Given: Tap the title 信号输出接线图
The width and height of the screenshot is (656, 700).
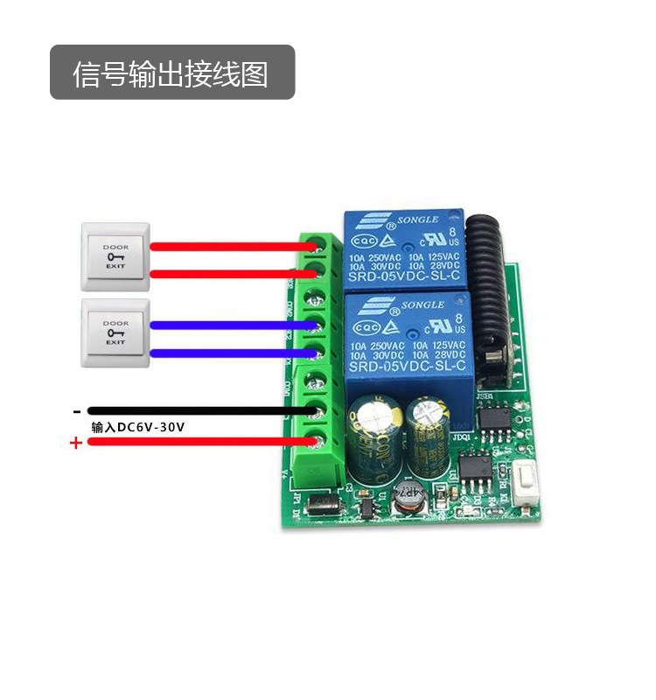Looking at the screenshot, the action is [x=171, y=73].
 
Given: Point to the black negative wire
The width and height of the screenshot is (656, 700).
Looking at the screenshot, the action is [x=201, y=410].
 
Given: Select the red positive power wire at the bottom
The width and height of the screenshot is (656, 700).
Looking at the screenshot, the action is [x=201, y=443].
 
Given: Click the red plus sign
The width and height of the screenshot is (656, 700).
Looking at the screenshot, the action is [x=76, y=444].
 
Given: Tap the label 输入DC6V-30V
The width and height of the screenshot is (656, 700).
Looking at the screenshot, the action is [x=138, y=427].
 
